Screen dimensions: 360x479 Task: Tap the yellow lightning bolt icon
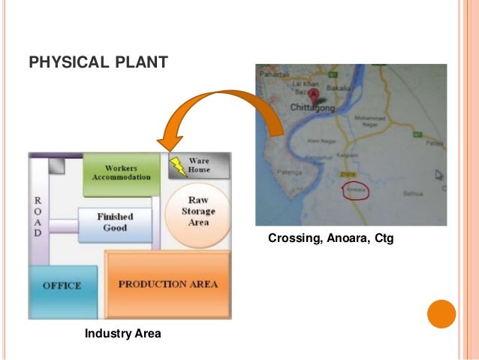(x=177, y=165)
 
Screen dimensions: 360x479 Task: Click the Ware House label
(x=199, y=165)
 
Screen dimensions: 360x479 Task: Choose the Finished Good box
(x=115, y=222)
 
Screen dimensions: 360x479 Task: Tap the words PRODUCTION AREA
(x=167, y=284)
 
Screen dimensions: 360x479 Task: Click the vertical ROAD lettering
(x=38, y=219)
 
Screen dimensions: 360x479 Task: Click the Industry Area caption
(x=122, y=333)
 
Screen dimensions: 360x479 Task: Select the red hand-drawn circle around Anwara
(x=354, y=191)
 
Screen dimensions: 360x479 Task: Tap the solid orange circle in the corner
(x=441, y=313)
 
